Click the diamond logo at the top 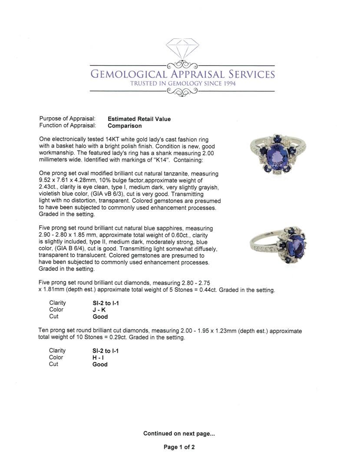click(182, 48)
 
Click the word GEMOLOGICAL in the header click(127, 74)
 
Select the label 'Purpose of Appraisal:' click(67, 119)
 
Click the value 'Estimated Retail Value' click(139, 119)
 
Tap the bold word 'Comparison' click(125, 126)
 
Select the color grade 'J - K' click(99, 310)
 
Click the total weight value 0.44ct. click(208, 290)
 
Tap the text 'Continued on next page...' click(179, 433)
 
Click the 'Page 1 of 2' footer click(179, 447)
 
